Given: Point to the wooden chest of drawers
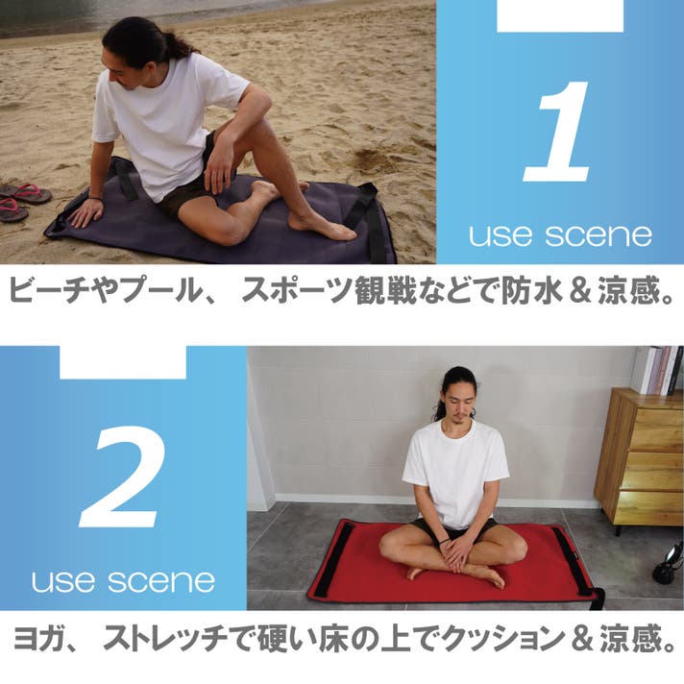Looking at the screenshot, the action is pyautogui.click(x=640, y=458).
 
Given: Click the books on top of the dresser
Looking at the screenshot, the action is pyautogui.click(x=659, y=370).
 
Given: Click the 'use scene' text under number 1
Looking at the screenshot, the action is pyautogui.click(x=560, y=235).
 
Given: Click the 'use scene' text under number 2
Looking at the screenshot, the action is pyautogui.click(x=124, y=581).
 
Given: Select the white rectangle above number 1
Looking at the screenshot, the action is pyautogui.click(x=560, y=15).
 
